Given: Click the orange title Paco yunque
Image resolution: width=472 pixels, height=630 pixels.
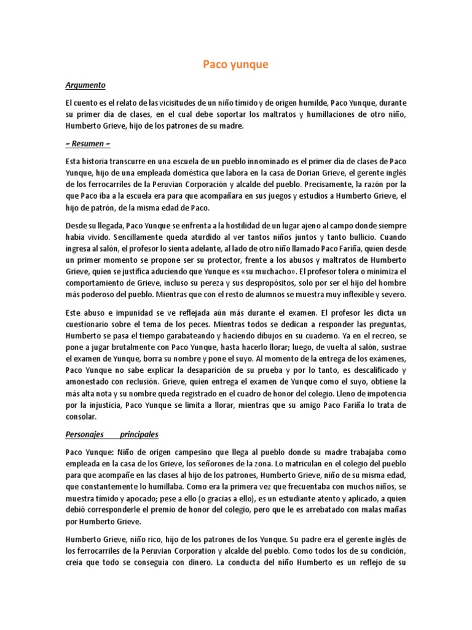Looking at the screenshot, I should click(x=235, y=64).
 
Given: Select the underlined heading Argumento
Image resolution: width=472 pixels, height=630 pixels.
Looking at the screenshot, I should click(x=85, y=85).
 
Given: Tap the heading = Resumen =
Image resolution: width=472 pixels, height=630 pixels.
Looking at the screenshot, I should click(x=90, y=143).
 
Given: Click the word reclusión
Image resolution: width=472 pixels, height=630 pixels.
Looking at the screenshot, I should click(x=143, y=382).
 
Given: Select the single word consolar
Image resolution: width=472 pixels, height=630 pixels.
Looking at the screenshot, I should click(x=83, y=417).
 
